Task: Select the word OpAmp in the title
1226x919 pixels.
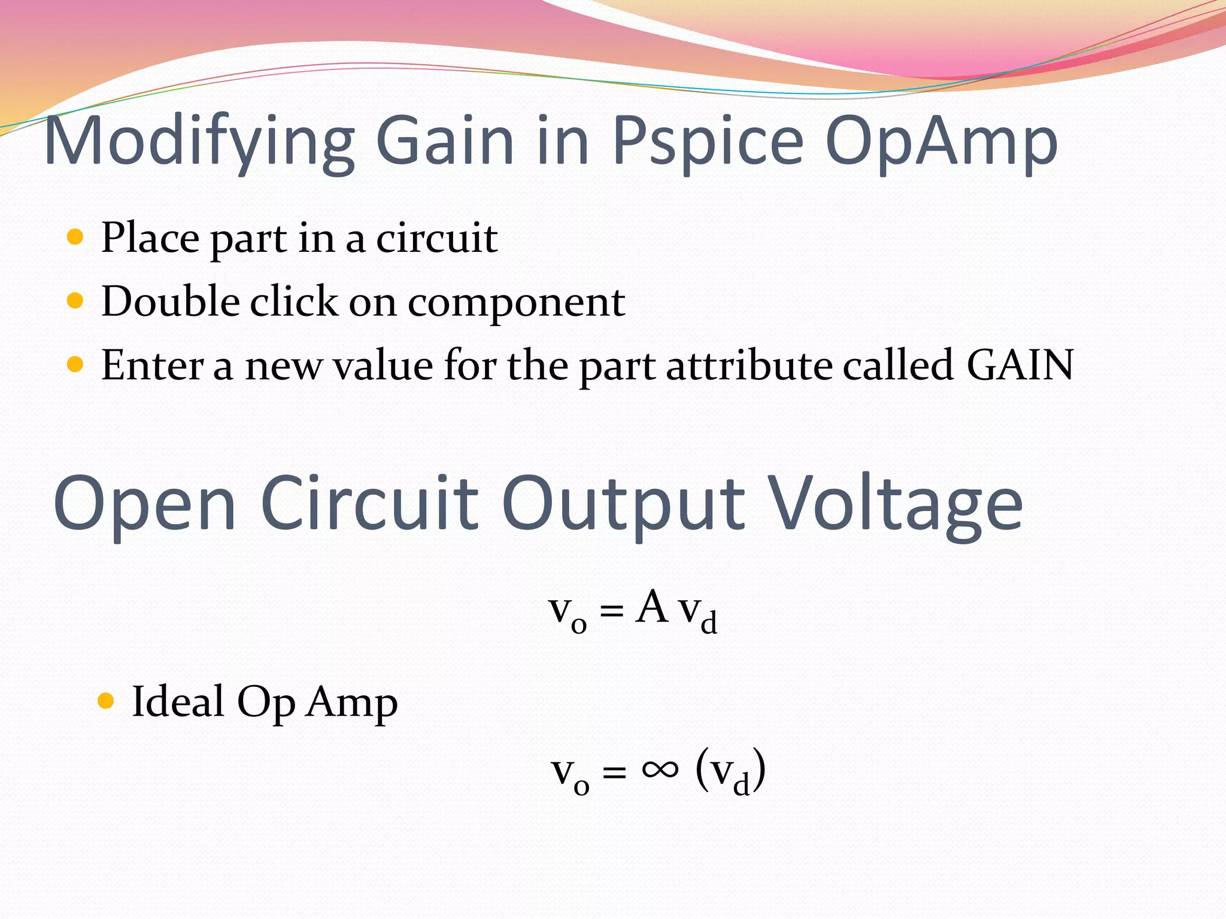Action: [941, 142]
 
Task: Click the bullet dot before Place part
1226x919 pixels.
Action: [75, 238]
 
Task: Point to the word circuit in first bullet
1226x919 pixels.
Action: [436, 238]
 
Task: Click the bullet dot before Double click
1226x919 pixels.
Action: [75, 300]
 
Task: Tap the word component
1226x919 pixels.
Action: [516, 303]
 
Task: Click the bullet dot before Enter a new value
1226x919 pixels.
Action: [75, 364]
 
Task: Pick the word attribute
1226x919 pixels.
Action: [749, 365]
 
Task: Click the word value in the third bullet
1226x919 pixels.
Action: [382, 365]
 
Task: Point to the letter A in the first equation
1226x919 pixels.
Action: [651, 607]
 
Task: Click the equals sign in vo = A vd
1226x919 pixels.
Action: [611, 611]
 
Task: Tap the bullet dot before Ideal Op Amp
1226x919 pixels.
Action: [105, 701]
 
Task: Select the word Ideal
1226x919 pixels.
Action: [178, 701]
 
